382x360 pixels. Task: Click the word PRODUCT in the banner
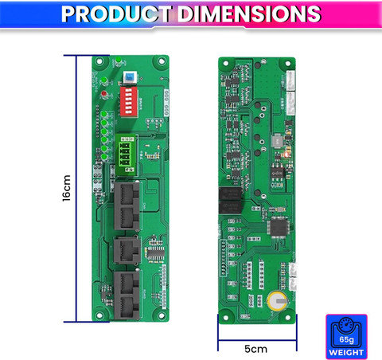(116, 14)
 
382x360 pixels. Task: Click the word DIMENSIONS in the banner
(249, 14)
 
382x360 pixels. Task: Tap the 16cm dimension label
(66, 188)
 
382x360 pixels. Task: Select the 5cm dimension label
(255, 349)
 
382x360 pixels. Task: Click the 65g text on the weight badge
(346, 339)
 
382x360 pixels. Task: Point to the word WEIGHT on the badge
(346, 353)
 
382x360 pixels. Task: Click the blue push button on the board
(130, 77)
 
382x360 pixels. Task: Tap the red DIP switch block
(129, 102)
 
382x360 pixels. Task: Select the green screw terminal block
(127, 155)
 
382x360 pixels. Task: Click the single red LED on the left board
(104, 94)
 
